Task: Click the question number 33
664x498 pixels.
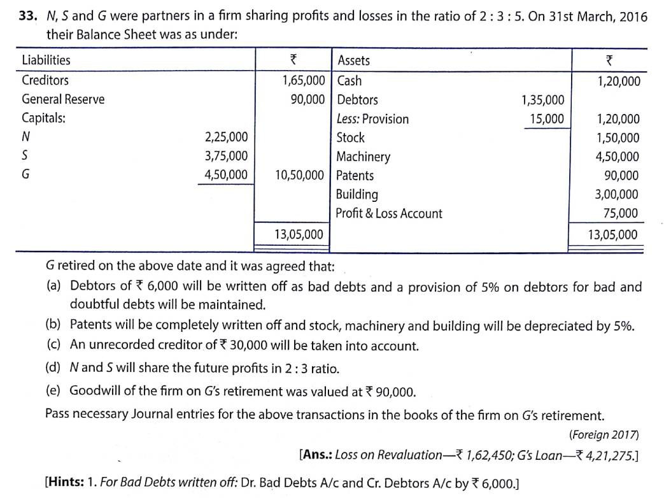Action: click(x=30, y=17)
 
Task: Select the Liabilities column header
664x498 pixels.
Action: click(x=46, y=60)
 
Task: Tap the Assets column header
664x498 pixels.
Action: click(x=353, y=60)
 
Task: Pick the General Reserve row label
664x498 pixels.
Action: click(x=63, y=99)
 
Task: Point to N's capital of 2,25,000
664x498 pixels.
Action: click(x=226, y=137)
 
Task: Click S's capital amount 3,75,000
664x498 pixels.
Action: click(x=226, y=156)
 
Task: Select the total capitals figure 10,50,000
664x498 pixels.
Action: click(x=299, y=175)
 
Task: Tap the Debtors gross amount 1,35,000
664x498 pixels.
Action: click(x=542, y=100)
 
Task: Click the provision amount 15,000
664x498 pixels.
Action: click(x=546, y=119)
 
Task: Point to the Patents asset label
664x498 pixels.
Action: click(x=355, y=176)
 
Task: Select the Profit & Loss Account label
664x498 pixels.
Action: click(x=389, y=214)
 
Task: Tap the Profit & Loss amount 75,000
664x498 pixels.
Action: click(x=623, y=214)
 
